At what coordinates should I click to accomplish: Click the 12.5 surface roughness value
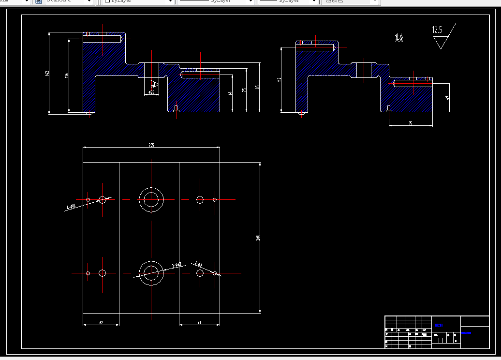click(437, 30)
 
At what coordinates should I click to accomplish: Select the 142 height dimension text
click(47, 73)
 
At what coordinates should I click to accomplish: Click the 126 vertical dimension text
click(66, 75)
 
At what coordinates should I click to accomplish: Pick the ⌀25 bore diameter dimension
click(151, 92)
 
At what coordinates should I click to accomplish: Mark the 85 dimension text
click(258, 88)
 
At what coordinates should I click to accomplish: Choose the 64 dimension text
click(230, 92)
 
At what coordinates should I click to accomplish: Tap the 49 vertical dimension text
click(447, 98)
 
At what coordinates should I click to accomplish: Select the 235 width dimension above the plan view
click(151, 145)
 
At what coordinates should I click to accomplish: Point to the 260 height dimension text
click(258, 238)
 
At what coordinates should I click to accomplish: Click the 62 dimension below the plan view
click(101, 322)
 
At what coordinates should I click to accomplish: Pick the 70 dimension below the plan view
click(199, 322)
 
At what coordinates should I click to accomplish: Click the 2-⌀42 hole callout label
click(177, 265)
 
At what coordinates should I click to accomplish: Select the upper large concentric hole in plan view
click(151, 199)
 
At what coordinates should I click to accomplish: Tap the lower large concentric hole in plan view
click(151, 273)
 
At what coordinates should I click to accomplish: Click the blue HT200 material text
click(439, 325)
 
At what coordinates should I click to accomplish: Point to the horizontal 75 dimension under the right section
click(411, 124)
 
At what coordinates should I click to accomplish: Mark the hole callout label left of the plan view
click(71, 207)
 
